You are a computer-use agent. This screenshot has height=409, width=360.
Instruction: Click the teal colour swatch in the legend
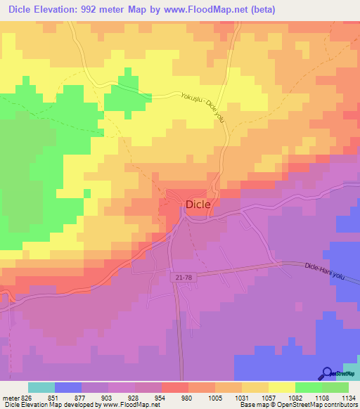click(41, 387)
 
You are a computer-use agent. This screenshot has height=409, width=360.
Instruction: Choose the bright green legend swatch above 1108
click(308, 387)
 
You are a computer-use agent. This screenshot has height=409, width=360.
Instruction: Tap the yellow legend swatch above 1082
click(281, 387)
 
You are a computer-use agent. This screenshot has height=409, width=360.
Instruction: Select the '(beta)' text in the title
click(258, 9)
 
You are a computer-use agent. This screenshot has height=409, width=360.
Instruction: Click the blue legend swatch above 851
click(68, 387)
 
